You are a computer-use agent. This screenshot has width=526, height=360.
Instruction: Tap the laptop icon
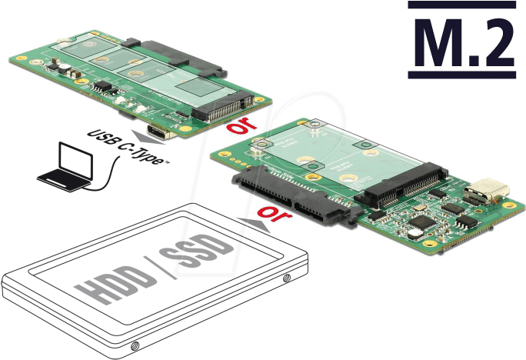click(x=66, y=168)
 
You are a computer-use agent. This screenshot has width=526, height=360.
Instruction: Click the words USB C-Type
click(x=128, y=147)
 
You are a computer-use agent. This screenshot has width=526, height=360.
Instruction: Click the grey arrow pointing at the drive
click(x=254, y=224)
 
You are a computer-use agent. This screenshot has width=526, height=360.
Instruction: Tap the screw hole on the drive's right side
click(x=287, y=278)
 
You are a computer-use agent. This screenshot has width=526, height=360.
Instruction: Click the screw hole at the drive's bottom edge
click(x=135, y=345)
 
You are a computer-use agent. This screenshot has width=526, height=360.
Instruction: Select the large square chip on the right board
click(x=421, y=222)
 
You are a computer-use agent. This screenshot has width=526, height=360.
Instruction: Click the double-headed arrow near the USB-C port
click(x=148, y=137)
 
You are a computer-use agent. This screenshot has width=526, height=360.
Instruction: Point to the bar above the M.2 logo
click(x=461, y=5)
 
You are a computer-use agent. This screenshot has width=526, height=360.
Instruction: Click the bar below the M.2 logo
click(x=461, y=75)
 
